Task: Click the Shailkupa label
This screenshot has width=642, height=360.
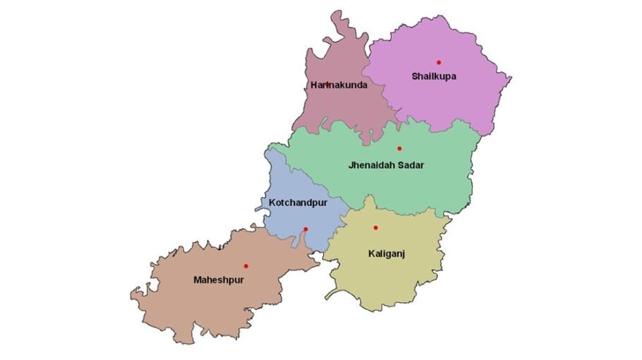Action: click(x=434, y=76)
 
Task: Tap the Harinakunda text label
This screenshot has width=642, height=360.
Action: click(x=339, y=85)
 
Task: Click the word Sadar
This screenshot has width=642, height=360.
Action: click(x=413, y=166)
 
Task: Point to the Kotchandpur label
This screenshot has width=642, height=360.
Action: click(x=298, y=203)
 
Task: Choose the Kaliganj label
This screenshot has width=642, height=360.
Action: click(x=386, y=253)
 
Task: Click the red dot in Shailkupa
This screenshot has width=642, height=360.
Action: click(x=439, y=62)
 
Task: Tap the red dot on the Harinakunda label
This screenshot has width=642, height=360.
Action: click(x=327, y=84)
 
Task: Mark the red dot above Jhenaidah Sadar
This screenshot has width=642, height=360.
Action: click(x=399, y=148)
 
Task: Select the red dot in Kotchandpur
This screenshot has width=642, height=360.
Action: click(x=305, y=229)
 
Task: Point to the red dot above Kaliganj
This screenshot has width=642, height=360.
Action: click(x=375, y=227)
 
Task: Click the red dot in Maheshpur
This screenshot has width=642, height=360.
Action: click(x=246, y=266)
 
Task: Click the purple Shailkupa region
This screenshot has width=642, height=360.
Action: click(x=459, y=99)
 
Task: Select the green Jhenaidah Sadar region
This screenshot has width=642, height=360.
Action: click(x=423, y=187)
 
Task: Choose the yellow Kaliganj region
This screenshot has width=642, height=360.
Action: click(x=395, y=279)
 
